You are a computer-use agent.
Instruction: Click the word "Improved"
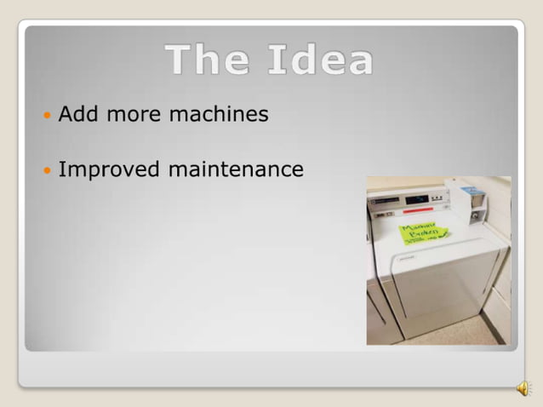coord(109,169)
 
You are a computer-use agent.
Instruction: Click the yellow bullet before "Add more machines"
coord(46,115)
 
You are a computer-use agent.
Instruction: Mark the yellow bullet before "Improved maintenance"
coord(46,170)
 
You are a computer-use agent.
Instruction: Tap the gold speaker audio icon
coord(522,388)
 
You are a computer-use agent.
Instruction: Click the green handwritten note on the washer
coord(424,230)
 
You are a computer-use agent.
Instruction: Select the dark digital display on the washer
coord(417,199)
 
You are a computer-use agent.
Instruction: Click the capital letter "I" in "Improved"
coord(61,169)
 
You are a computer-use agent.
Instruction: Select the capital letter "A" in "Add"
coord(66,114)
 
